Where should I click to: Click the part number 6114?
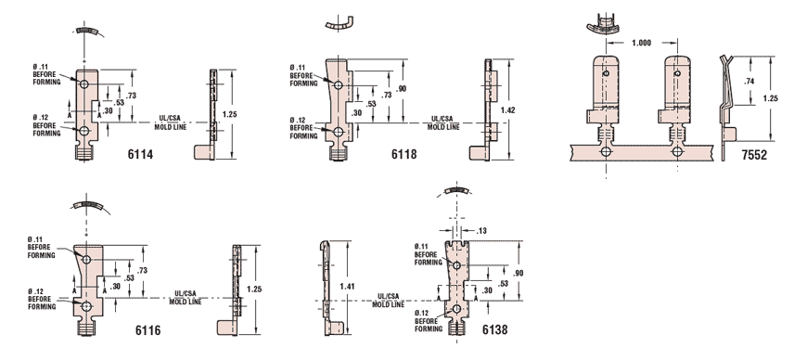pyautogui.click(x=140, y=154)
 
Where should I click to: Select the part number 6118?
pyautogui.click(x=404, y=154)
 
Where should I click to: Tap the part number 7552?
pyautogui.click(x=754, y=155)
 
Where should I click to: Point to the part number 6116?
pyautogui.click(x=148, y=330)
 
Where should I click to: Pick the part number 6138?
pyautogui.click(x=494, y=329)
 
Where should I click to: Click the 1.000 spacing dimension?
pyautogui.click(x=641, y=44)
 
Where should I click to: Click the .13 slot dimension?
pyautogui.click(x=481, y=231)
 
